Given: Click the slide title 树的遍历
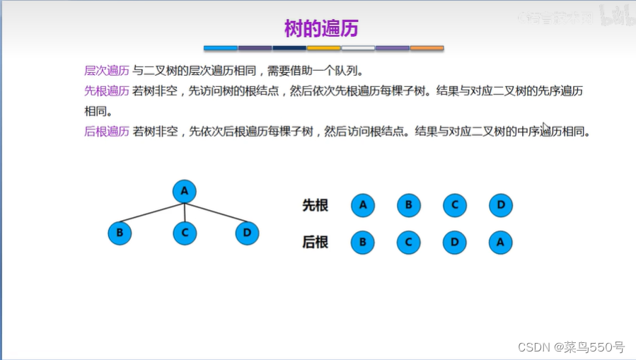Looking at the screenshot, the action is (x=322, y=28).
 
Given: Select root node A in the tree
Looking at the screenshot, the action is (x=185, y=191).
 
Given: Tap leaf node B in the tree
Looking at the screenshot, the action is (x=120, y=233).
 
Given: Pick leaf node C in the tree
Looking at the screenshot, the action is (x=185, y=233).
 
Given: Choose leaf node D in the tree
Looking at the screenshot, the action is (x=247, y=233).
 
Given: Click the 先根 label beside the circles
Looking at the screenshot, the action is (x=316, y=206).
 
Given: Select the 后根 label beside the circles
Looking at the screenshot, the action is (x=316, y=243).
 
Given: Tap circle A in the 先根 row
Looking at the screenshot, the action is (x=363, y=206).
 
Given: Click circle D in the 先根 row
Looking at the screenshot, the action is (x=500, y=206).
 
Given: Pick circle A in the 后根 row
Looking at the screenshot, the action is (x=500, y=243).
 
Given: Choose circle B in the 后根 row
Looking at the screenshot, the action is (x=363, y=243).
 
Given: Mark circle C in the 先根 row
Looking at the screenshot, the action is (x=455, y=206).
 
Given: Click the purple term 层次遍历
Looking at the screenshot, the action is (x=106, y=71).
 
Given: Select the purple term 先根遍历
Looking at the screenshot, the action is (x=106, y=91).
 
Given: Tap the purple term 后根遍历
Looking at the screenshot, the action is (x=106, y=132).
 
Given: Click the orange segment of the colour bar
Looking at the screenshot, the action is (x=427, y=48).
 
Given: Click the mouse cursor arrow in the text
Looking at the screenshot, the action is (x=545, y=128).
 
